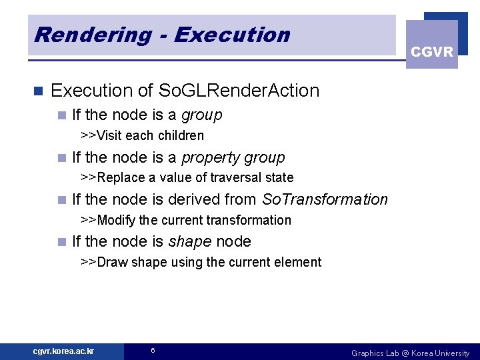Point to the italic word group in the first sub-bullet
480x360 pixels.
click(202, 115)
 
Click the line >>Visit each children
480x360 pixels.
click(142, 135)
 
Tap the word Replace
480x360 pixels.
click(121, 177)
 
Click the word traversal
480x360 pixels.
click(237, 177)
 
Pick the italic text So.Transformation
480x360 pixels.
click(325, 199)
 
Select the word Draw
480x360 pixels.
click(112, 262)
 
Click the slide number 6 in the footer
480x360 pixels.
click(153, 351)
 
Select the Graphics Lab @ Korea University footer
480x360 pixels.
click(410, 353)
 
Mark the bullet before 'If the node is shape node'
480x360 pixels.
click(62, 242)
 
